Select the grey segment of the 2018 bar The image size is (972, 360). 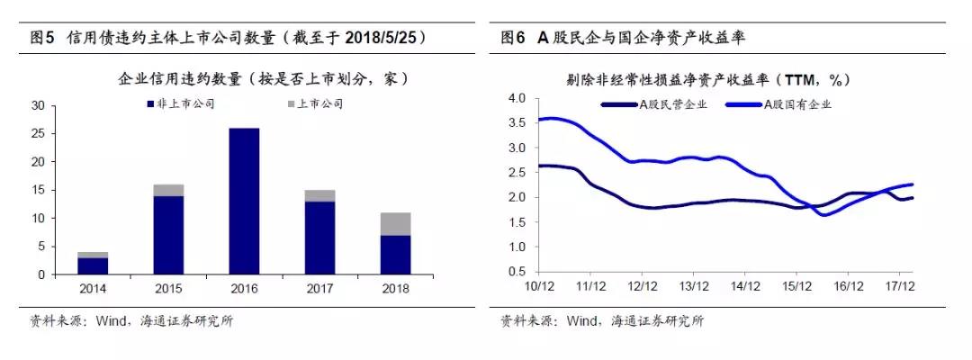[x=394, y=224]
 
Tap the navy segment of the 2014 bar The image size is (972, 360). [x=93, y=265]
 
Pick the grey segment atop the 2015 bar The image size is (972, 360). [x=168, y=190]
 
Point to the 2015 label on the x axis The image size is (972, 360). [x=168, y=289]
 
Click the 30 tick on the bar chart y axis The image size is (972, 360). [x=38, y=105]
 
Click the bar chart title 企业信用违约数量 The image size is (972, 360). [x=264, y=79]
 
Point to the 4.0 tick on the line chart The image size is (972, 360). [x=517, y=97]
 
